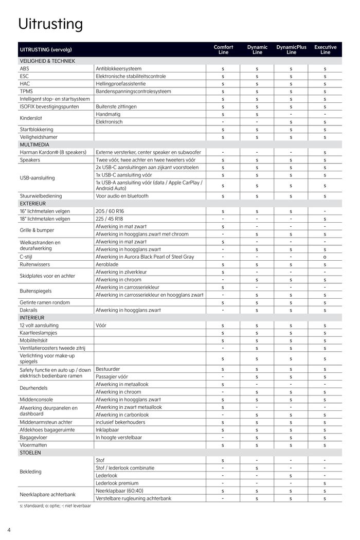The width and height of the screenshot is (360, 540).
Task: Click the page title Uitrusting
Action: click(50, 24)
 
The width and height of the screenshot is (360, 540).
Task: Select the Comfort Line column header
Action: click(223, 49)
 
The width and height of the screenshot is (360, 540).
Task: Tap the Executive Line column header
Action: click(325, 49)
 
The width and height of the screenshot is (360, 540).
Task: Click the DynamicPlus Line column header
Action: click(291, 49)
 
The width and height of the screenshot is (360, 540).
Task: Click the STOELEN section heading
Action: click(30, 453)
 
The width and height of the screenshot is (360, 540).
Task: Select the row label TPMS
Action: click(26, 91)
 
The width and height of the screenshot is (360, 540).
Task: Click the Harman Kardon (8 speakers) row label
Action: click(53, 152)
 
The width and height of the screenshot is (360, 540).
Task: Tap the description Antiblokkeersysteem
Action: click(119, 68)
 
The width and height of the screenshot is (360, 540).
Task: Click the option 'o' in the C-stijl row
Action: click(325, 257)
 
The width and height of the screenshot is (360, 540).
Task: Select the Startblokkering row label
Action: click(37, 130)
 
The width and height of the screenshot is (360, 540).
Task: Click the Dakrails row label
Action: click(29, 310)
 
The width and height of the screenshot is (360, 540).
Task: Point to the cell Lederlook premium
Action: click(117, 483)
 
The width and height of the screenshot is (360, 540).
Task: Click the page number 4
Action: click(9, 530)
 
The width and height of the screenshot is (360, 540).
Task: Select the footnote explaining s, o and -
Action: click(55, 506)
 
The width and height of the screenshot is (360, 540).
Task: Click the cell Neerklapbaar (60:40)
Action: click(119, 491)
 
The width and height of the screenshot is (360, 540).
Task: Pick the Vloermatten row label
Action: click(33, 445)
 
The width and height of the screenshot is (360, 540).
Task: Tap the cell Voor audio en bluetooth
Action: click(122, 196)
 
